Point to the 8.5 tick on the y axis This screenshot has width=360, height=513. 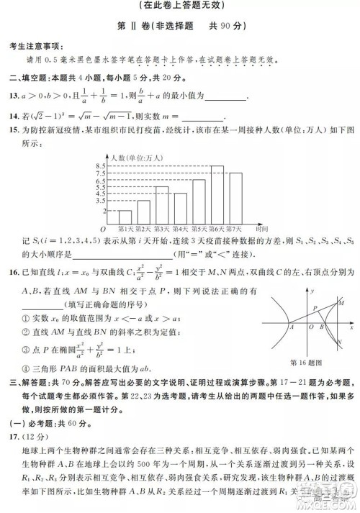pos(101,166)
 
